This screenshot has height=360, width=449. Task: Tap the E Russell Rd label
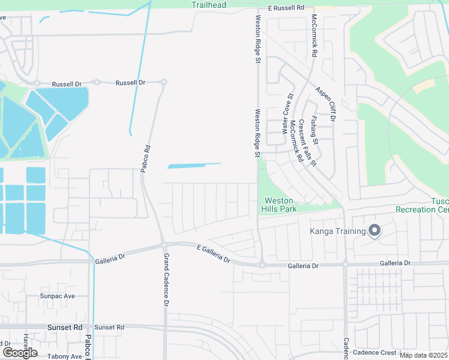point(288,8)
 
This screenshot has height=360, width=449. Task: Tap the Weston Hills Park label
point(279,205)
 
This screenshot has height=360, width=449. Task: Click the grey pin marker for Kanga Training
point(375,230)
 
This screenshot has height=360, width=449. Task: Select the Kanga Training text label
point(337,232)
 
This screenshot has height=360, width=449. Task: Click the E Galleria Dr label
point(214,253)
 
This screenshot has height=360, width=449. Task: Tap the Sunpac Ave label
point(57,296)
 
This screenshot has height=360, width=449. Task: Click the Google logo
point(19,353)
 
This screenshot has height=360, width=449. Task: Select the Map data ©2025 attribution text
point(423,355)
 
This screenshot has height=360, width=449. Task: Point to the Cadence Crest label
point(375,353)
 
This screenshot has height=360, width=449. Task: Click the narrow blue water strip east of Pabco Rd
point(194,165)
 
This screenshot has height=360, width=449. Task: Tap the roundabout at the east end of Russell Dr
point(163,82)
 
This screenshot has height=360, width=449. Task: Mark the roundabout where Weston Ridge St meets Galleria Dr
point(262,264)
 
